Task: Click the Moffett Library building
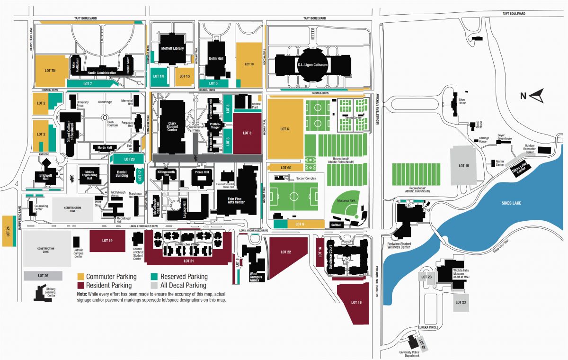(172, 48)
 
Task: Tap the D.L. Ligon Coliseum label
(312, 64)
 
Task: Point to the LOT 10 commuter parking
(249, 63)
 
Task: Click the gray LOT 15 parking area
(463, 165)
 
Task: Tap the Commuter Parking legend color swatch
(81, 277)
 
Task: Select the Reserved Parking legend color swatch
(154, 277)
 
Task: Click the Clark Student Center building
(172, 126)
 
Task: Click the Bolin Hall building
(216, 58)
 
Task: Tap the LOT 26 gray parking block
(43, 276)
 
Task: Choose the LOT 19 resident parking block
(107, 240)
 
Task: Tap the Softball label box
(337, 225)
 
